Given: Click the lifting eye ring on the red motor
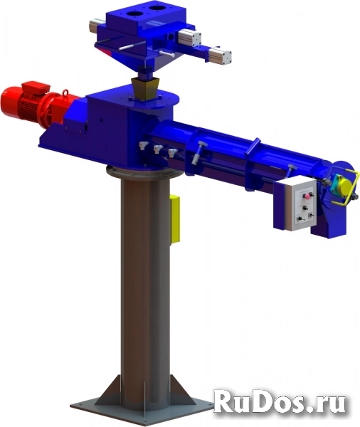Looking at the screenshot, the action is [x=65, y=93].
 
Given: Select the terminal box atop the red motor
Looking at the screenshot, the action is [x=36, y=88].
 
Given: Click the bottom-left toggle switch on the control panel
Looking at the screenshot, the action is [x=300, y=218].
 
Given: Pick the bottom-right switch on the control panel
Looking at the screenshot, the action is [x=311, y=216].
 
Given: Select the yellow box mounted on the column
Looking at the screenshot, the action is [x=174, y=218].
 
